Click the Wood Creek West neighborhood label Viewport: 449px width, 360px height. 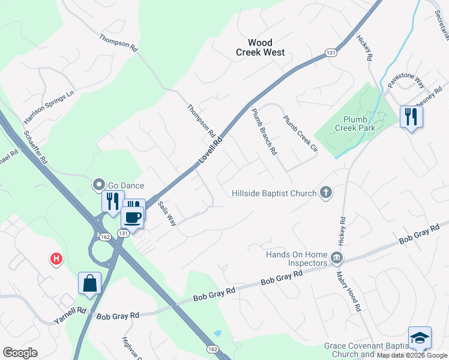pyautogui.click(x=259, y=47)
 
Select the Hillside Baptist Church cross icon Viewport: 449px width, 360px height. pyautogui.click(x=326, y=193)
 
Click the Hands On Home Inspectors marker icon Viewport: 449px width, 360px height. pyautogui.click(x=337, y=259)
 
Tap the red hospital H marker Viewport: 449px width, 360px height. pyautogui.click(x=56, y=259)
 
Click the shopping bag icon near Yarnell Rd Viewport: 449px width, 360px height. pyautogui.click(x=89, y=283)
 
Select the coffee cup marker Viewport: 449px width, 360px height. pyautogui.click(x=133, y=217)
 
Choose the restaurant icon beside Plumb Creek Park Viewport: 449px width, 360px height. pyautogui.click(x=411, y=115)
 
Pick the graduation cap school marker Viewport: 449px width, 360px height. pyautogui.click(x=420, y=338)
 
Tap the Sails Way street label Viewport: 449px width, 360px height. pyautogui.click(x=167, y=212)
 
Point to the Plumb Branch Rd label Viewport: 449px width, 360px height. pyautogui.click(x=264, y=131)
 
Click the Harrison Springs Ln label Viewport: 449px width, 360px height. pyautogui.click(x=49, y=104)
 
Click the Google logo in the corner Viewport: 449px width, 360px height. pyautogui.click(x=20, y=352)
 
